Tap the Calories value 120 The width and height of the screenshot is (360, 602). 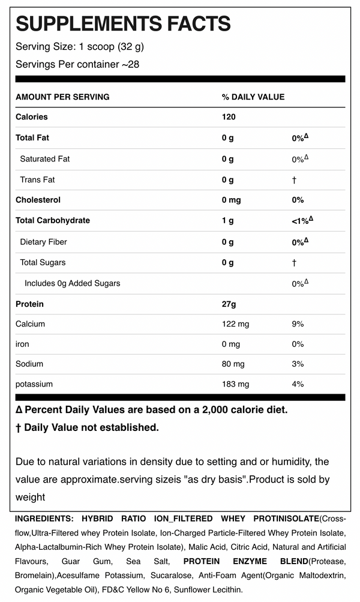click(229, 117)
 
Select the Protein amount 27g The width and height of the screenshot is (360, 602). click(229, 304)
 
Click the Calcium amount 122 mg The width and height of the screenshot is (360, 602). click(235, 324)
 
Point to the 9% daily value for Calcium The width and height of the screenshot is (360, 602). click(298, 324)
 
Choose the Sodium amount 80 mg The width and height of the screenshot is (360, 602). click(233, 364)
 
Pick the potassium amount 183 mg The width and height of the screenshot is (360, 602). click(235, 384)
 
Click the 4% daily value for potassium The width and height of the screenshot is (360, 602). click(298, 384)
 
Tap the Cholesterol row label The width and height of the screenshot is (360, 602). click(38, 200)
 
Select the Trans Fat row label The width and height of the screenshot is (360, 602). click(37, 179)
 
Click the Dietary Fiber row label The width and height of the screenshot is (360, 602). click(43, 242)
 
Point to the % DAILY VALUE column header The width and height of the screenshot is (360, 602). click(253, 97)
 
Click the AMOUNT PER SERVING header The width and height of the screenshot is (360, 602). click(62, 97)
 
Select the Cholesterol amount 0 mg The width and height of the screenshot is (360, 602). click(231, 200)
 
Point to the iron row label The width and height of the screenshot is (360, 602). click(22, 344)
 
